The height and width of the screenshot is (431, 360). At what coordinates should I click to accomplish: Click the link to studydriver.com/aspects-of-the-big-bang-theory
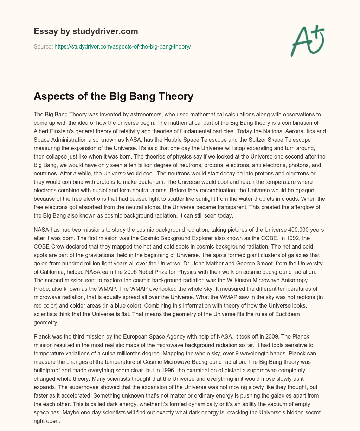pyautogui.click(x=122, y=46)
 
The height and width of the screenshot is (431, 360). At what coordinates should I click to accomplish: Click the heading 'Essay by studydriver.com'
pyautogui.click(x=86, y=31)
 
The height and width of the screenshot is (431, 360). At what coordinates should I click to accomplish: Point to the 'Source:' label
pyautogui.click(x=43, y=46)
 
